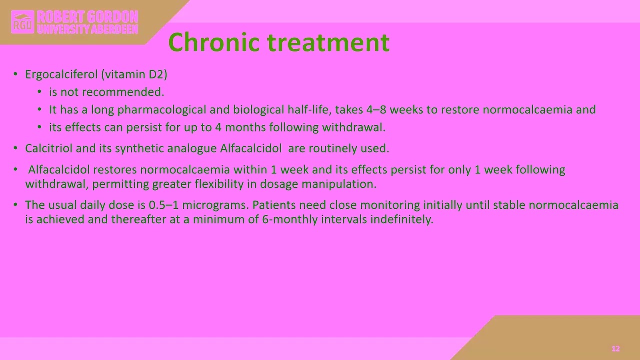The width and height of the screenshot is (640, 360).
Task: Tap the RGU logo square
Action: point(22,22)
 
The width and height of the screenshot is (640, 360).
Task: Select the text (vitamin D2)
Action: point(134,74)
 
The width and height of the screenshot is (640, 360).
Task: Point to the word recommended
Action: point(134,92)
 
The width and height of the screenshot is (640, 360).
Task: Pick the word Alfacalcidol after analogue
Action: point(251,148)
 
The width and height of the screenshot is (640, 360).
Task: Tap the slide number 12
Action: point(615,348)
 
